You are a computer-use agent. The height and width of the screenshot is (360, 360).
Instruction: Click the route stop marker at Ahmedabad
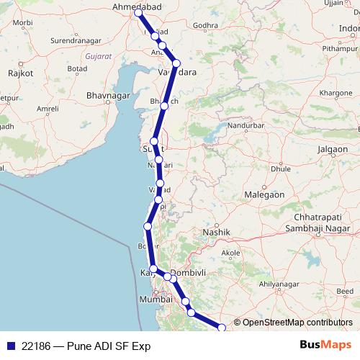(x=138, y=13)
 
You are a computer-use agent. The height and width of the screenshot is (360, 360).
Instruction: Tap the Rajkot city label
(x=21, y=73)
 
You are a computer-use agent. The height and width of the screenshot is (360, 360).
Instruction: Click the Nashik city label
(x=216, y=233)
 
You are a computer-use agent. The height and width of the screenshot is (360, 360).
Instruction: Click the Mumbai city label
(x=157, y=299)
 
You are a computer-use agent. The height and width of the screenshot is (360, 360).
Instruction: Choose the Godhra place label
(x=205, y=25)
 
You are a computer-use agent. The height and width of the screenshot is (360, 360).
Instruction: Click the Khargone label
(x=336, y=94)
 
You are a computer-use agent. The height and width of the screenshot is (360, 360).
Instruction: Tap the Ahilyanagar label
(x=279, y=284)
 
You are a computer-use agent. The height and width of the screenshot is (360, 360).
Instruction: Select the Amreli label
(x=48, y=109)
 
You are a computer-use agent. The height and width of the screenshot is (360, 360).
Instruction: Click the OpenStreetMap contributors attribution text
(x=297, y=323)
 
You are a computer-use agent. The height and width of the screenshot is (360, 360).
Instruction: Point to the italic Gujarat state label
(x=98, y=55)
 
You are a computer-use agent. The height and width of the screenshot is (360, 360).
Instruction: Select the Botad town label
(x=78, y=68)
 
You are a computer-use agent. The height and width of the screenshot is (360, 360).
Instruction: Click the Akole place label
(x=231, y=253)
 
